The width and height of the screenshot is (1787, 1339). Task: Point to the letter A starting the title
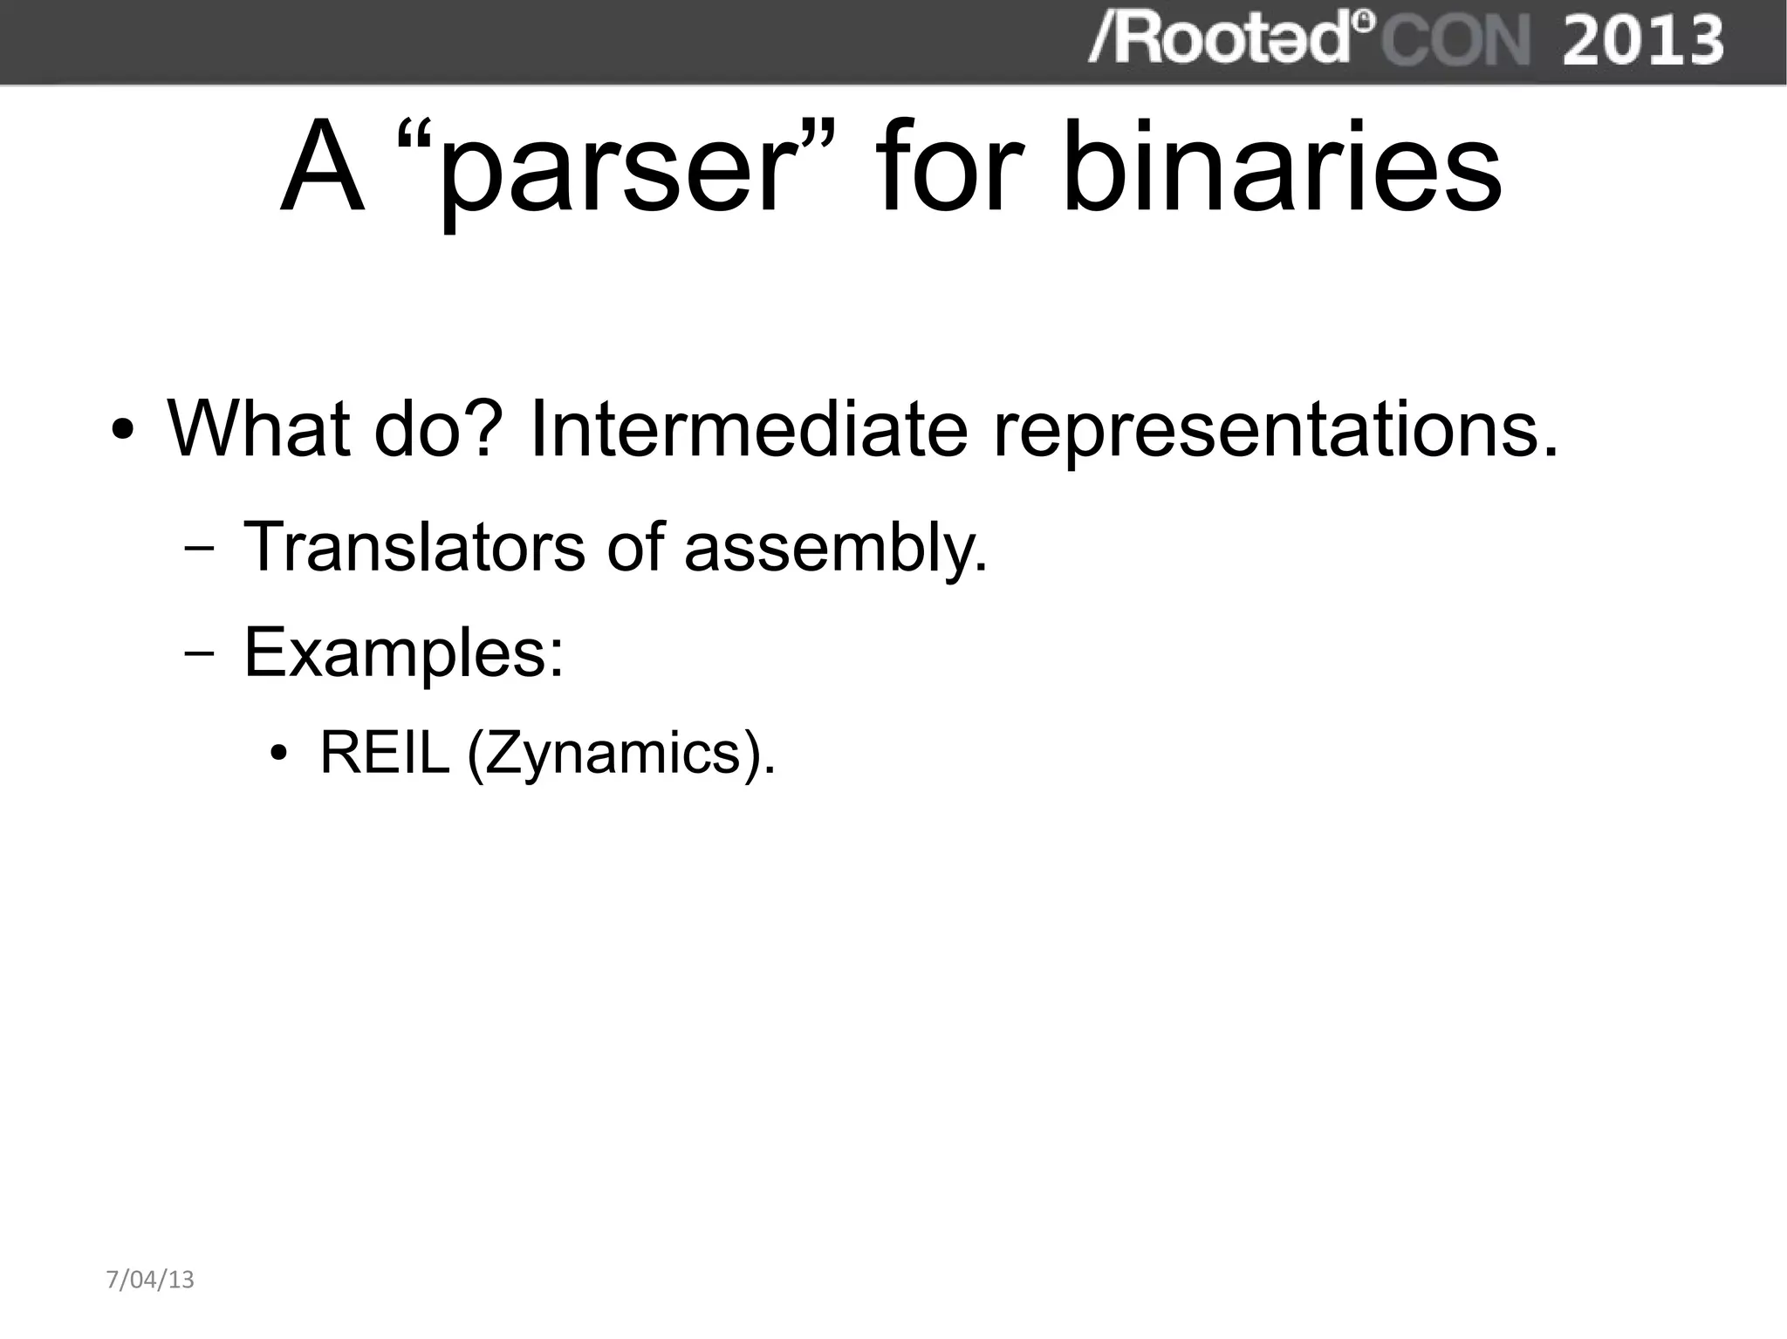point(321,168)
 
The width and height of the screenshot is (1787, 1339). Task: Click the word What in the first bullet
point(258,428)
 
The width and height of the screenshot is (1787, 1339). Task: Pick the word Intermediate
point(748,428)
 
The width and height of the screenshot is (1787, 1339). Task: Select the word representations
point(1275,430)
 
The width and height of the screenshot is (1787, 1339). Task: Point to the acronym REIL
point(384,752)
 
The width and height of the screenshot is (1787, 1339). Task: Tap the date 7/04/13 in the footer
point(150,1280)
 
